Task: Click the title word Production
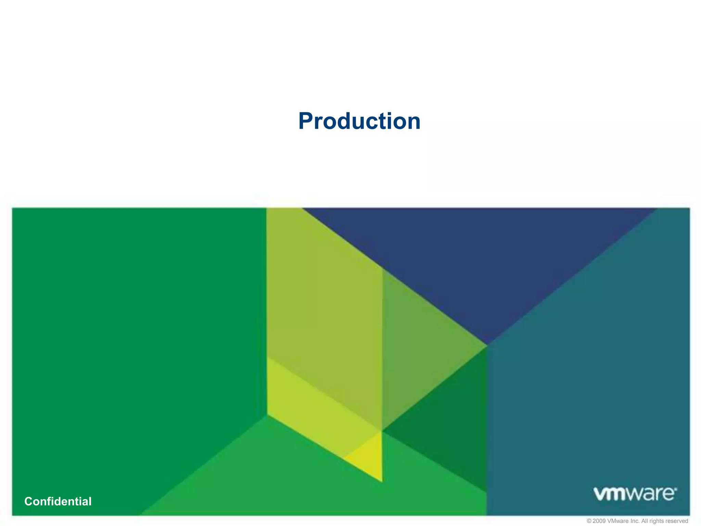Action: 359,121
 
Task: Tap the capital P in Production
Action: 306,121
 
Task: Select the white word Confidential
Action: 58,501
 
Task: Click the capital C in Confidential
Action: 29,501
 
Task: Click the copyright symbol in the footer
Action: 589,521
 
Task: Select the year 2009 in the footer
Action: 599,521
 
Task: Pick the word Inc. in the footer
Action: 635,521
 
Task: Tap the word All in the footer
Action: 645,521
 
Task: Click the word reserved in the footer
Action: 676,521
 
